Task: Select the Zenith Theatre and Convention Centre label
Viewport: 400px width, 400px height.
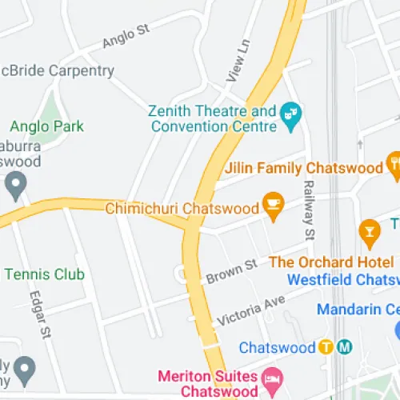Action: click(x=212, y=118)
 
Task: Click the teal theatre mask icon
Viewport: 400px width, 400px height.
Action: click(x=290, y=118)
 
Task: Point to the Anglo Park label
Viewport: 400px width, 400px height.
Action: click(x=46, y=126)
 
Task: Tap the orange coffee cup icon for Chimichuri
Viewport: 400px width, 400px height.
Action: click(x=274, y=202)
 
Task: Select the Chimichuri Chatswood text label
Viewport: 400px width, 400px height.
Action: click(x=182, y=208)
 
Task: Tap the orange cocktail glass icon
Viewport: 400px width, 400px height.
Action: click(x=369, y=230)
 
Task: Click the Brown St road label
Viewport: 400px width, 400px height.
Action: click(x=230, y=270)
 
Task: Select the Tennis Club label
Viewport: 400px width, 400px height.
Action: click(x=44, y=274)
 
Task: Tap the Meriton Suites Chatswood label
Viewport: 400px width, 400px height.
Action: click(x=206, y=383)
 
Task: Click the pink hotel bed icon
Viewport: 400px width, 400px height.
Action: click(x=272, y=377)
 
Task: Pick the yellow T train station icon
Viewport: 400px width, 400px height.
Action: click(x=326, y=347)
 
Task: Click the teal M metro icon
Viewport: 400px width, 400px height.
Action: click(x=345, y=347)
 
